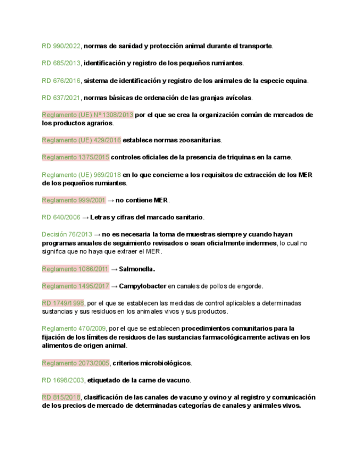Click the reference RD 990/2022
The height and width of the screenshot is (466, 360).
(61, 46)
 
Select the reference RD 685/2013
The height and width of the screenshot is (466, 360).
(61, 63)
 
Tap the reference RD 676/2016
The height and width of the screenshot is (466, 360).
(61, 81)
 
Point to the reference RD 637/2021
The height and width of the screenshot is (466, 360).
(61, 98)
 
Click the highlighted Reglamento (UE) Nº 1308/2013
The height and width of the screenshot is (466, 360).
(87, 115)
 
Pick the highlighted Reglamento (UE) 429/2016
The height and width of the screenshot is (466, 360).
(81, 140)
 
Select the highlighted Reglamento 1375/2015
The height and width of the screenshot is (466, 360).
(75, 157)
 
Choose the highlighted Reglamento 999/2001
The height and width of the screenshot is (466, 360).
(73, 200)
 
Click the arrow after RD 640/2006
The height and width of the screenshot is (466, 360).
(85, 218)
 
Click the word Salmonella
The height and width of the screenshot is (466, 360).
(137, 269)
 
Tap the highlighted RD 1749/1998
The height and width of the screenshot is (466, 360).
(63, 303)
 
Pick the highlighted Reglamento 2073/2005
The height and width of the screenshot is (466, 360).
(75, 363)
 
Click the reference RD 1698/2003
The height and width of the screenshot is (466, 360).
(63, 380)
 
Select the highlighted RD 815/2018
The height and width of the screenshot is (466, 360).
(61, 397)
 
